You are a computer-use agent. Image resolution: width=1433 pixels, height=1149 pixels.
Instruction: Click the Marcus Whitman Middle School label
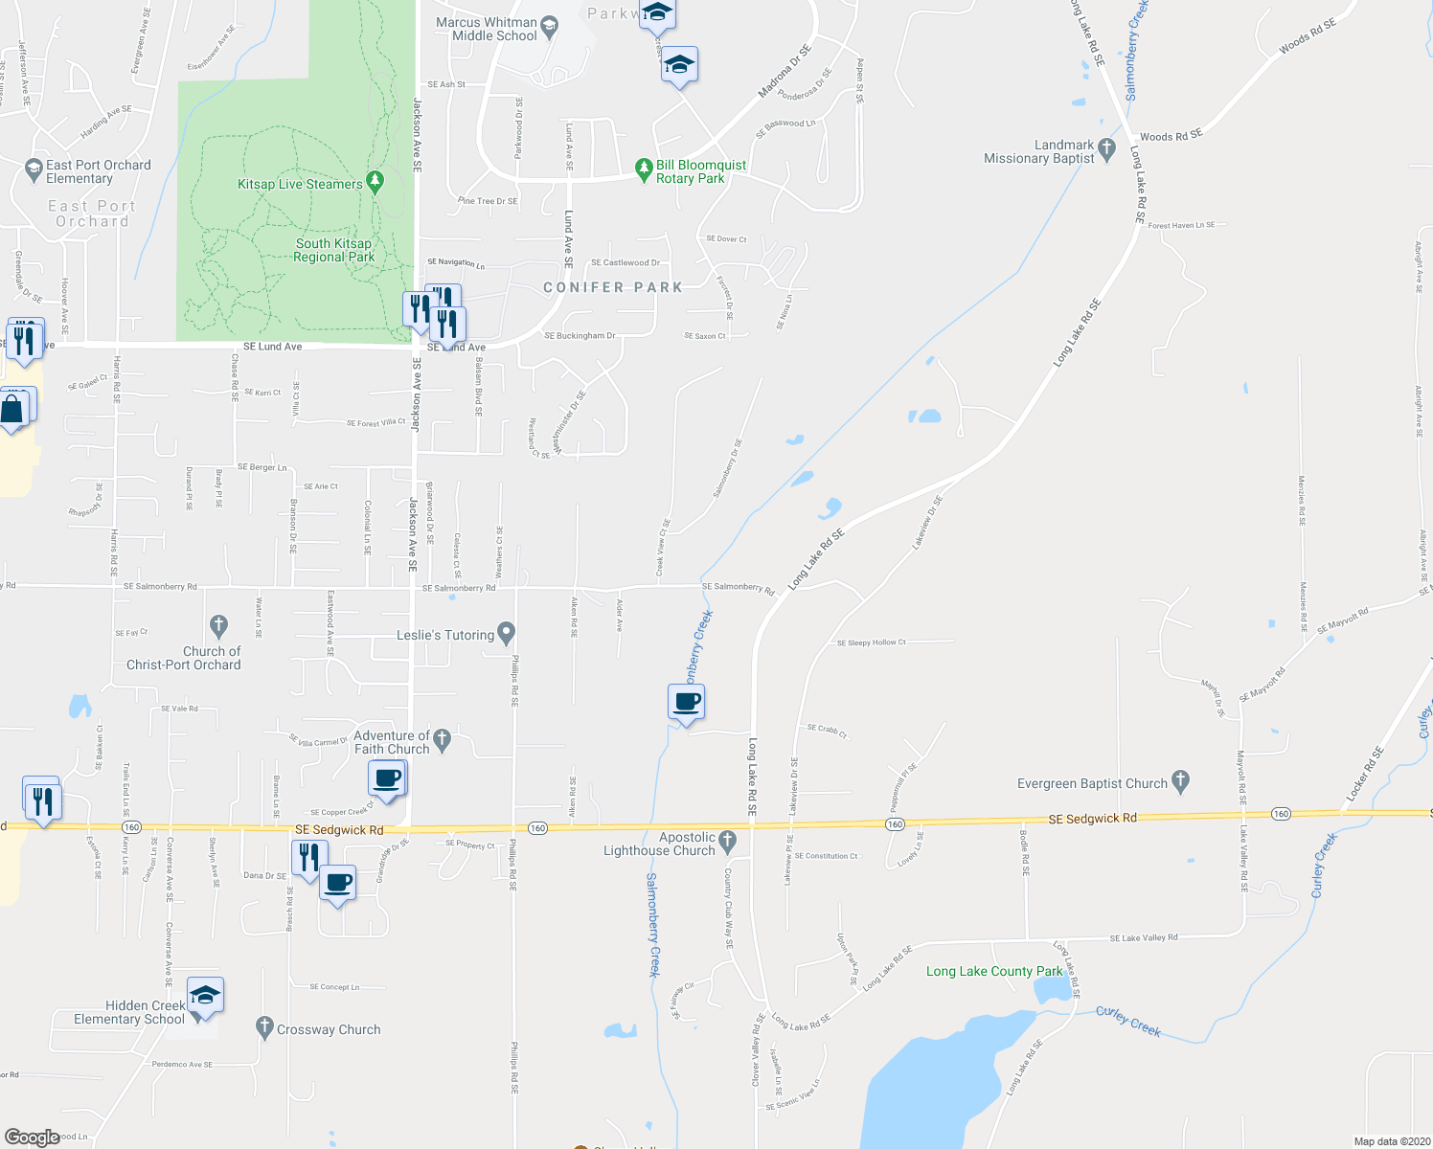tap(487, 29)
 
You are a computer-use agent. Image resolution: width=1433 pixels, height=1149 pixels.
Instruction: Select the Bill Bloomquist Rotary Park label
tap(700, 171)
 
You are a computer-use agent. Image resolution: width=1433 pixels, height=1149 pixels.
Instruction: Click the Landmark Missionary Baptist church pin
tap(1107, 148)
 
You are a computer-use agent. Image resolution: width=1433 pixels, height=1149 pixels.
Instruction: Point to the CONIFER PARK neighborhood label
tap(613, 287)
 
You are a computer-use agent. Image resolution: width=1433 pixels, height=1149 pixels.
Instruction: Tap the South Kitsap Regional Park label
tap(333, 250)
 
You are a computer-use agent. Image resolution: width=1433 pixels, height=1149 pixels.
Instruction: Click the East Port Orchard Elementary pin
tap(34, 169)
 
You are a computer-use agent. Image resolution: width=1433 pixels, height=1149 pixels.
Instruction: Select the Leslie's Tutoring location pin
tap(507, 633)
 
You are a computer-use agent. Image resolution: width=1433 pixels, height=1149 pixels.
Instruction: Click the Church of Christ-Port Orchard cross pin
tap(218, 626)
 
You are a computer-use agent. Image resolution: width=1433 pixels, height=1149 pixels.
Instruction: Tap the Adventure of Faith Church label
tap(392, 742)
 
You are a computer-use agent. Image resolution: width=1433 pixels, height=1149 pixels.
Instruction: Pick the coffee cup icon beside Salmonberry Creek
tap(687, 702)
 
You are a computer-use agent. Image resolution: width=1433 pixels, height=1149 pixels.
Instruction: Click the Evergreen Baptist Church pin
tap(1180, 781)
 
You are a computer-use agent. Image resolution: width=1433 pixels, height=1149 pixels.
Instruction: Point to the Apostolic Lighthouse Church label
tap(659, 844)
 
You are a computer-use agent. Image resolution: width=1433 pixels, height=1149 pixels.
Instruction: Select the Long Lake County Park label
tap(994, 971)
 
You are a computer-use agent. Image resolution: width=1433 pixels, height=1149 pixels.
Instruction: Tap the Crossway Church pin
tap(265, 1027)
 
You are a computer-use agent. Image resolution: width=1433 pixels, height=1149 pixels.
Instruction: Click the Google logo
tap(33, 1138)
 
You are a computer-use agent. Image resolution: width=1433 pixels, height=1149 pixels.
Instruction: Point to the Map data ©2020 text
tap(1388, 1141)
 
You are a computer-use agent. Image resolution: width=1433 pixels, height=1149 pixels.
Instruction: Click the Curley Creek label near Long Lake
tap(1128, 1021)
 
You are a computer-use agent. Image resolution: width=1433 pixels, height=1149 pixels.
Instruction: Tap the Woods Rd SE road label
tap(1171, 136)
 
